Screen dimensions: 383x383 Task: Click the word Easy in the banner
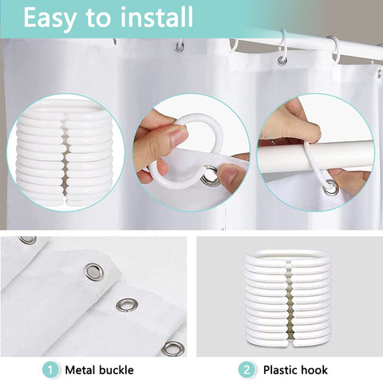coord(49,18)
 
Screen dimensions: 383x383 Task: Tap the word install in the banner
coord(156,17)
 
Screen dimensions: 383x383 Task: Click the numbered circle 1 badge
coord(50,370)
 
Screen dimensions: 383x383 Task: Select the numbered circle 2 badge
coord(247,370)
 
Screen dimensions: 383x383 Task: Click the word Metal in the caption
coord(80,370)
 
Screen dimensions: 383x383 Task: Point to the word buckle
coord(116,370)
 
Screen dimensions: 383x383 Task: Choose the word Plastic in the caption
coord(281,370)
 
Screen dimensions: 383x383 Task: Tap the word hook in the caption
coord(315,370)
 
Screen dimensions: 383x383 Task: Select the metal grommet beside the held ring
coord(210,176)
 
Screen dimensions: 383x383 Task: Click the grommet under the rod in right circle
coord(330,187)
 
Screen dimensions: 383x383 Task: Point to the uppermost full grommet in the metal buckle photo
coord(93,272)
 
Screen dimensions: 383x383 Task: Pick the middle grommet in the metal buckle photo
coord(127,305)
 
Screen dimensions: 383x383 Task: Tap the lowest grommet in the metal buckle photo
coord(173,348)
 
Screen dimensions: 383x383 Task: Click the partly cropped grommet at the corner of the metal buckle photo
coord(28,239)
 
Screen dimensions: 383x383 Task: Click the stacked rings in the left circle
coord(65,153)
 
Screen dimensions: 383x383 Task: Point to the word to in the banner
coord(97,18)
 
